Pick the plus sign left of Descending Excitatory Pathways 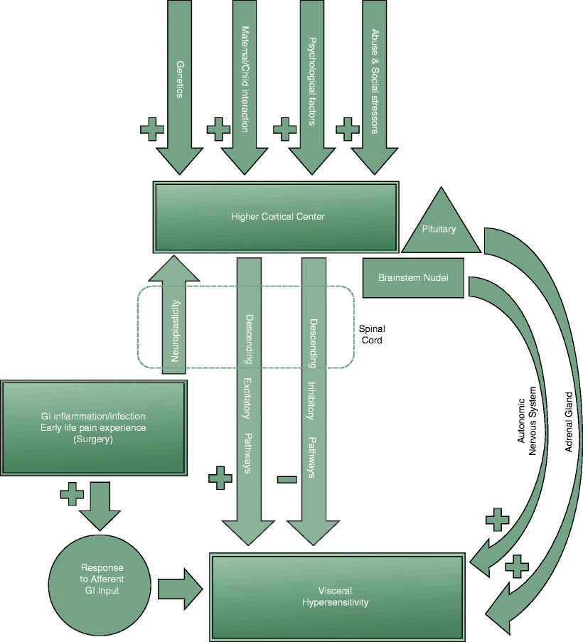220,478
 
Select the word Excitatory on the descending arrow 249,399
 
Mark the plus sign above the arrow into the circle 72,493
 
